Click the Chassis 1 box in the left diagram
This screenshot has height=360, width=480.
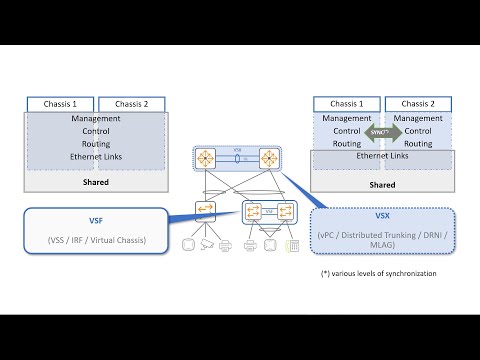point(60,104)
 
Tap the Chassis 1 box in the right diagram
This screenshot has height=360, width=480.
point(347,104)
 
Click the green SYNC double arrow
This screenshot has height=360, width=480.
point(383,131)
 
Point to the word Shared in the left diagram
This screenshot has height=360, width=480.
point(96,182)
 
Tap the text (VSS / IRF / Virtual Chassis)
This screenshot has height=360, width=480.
point(96,241)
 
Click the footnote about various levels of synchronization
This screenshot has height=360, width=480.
point(379,273)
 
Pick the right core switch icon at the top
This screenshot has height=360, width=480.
point(269,158)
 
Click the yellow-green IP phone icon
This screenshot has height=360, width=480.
point(293,245)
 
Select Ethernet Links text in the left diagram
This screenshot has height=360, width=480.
point(96,157)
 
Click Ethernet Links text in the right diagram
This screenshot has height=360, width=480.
point(383,156)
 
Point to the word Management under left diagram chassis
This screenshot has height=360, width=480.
point(96,118)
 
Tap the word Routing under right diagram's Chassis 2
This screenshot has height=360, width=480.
point(419,143)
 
